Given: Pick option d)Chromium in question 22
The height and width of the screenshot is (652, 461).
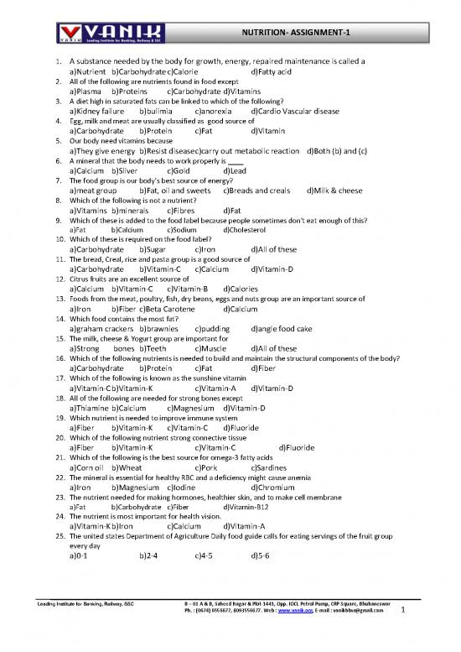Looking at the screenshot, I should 272,487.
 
